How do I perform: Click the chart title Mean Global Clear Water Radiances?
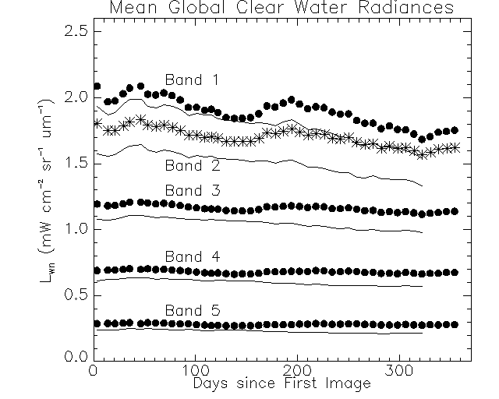coord(281,9)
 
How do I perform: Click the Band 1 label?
coord(191,79)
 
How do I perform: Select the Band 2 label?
coord(191,166)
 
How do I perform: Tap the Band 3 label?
coord(191,191)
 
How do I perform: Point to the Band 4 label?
coord(191,257)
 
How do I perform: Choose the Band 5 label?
coord(191,310)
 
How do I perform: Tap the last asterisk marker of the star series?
coord(455,147)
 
